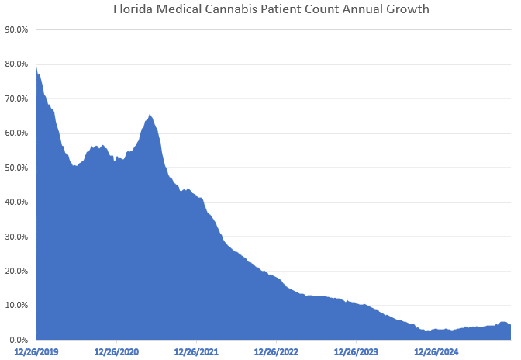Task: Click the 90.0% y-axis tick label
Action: tap(16, 29)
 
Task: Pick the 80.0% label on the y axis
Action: tap(16, 64)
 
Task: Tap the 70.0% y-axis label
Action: tap(16, 99)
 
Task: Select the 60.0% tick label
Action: tap(16, 133)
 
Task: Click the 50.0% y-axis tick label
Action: tap(16, 168)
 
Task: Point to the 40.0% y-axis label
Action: tap(16, 202)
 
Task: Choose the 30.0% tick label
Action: tap(16, 237)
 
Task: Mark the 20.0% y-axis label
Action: tap(16, 271)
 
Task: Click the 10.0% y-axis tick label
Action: tap(16, 306)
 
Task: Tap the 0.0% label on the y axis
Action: tap(19, 340)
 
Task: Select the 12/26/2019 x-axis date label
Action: tap(36, 351)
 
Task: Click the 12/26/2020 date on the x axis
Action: tap(116, 351)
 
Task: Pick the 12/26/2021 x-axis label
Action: tap(196, 351)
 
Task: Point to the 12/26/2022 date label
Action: tap(276, 351)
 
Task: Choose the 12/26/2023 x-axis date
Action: tap(356, 351)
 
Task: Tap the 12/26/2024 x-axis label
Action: tap(436, 351)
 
